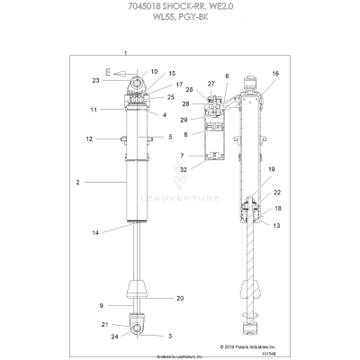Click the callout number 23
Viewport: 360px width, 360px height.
tap(94, 81)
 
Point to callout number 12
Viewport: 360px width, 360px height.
tap(90, 139)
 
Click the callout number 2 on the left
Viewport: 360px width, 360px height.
tap(78, 182)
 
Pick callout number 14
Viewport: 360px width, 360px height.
tap(94, 233)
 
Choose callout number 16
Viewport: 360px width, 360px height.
tap(274, 73)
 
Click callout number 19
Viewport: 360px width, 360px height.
tap(271, 193)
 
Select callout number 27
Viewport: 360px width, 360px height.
tap(211, 83)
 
